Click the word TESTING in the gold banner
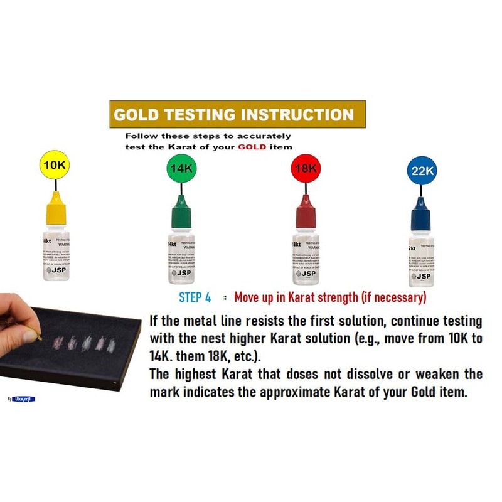203,115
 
